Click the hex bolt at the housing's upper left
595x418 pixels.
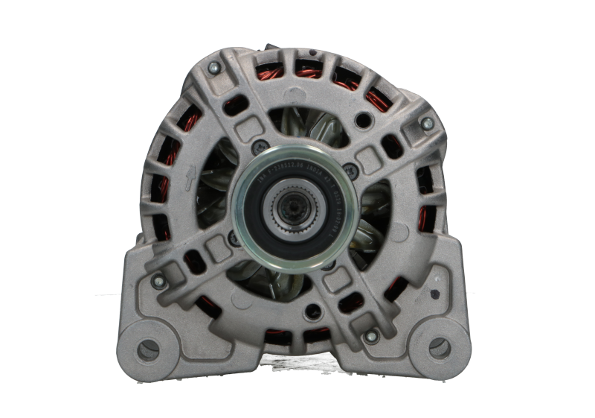[214, 69]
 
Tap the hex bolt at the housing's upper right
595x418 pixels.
[426, 122]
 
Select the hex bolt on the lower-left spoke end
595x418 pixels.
[157, 282]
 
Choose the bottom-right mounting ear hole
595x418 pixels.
[440, 346]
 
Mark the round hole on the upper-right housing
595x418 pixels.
[364, 118]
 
